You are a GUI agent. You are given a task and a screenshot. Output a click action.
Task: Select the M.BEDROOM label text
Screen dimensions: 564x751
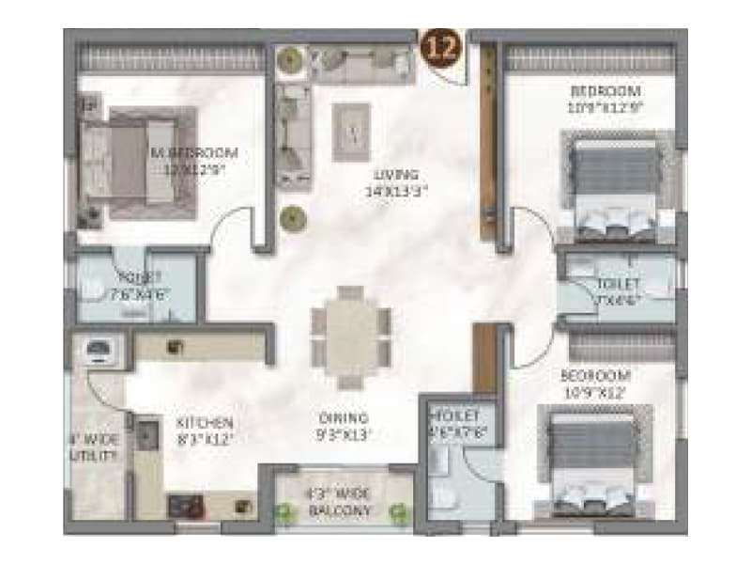[x=194, y=160]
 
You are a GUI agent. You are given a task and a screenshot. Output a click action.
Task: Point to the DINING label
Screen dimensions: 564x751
[x=344, y=426]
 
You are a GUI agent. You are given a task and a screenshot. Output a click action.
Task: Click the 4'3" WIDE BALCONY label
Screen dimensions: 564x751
[x=340, y=503]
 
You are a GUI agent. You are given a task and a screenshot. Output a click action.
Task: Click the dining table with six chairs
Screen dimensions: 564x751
[x=350, y=337]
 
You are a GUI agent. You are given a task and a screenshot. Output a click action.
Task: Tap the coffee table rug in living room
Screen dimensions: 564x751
[x=352, y=133]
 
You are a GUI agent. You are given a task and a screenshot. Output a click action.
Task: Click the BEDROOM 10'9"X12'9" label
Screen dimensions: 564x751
[x=605, y=100]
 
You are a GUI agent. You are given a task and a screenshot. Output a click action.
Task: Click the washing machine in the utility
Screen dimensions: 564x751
[x=99, y=350]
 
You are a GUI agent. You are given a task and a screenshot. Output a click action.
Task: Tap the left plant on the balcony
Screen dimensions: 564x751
[x=284, y=513]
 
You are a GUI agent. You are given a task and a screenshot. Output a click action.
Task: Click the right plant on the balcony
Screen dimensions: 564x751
[x=399, y=513]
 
